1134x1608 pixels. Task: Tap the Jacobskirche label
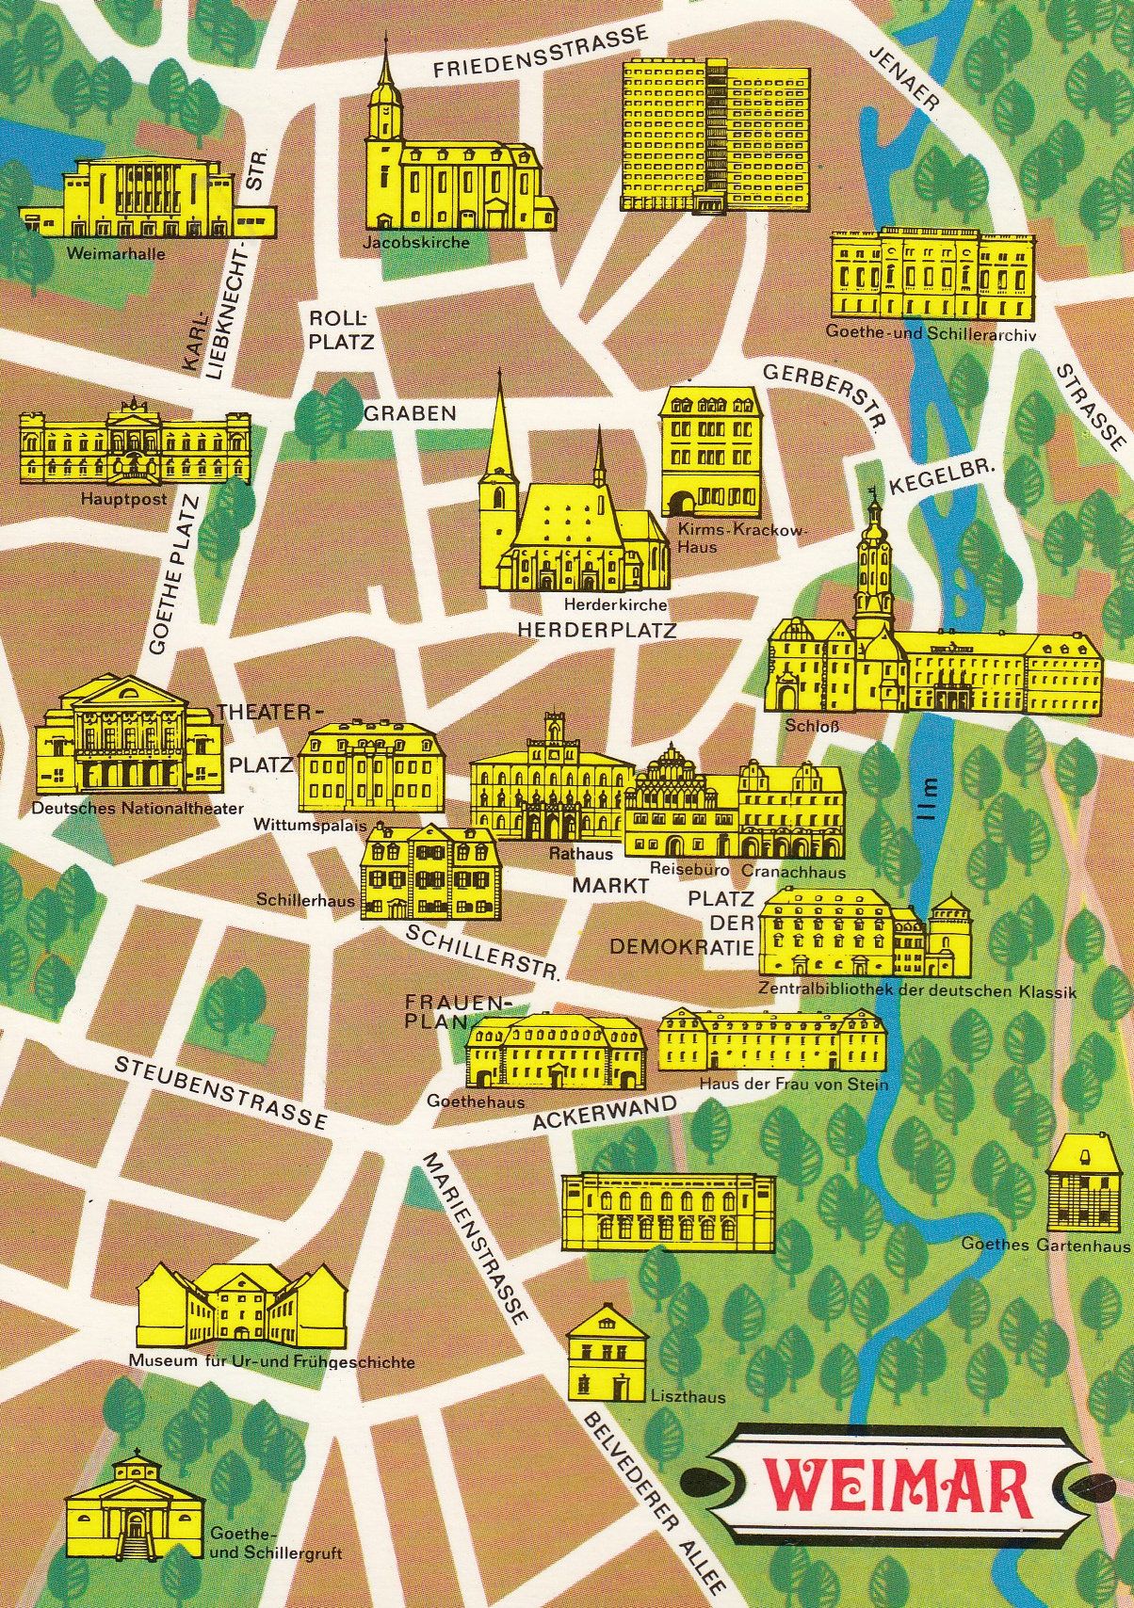[415, 243]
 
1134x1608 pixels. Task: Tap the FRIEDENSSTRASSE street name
[541, 51]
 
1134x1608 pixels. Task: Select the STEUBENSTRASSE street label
[220, 1092]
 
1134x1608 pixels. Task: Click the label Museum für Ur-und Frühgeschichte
[271, 1362]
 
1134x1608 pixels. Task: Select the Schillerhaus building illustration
[430, 872]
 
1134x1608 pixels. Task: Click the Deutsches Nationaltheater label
[138, 808]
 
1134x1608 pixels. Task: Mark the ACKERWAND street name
[605, 1113]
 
